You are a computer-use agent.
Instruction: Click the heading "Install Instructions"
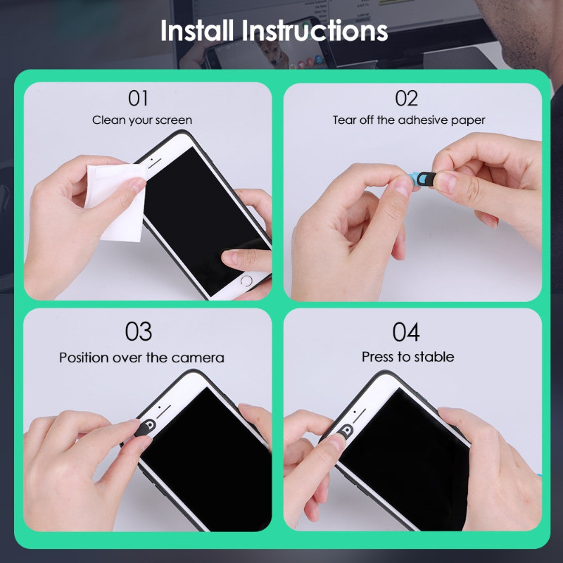pyautogui.click(x=274, y=30)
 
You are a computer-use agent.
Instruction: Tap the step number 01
pyautogui.click(x=138, y=98)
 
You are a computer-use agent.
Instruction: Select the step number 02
pyautogui.click(x=407, y=98)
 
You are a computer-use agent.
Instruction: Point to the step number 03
pyautogui.click(x=139, y=331)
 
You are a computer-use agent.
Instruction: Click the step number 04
pyautogui.click(x=406, y=331)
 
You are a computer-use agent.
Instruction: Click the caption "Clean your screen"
pyautogui.click(x=142, y=120)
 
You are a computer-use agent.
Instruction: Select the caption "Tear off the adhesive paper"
pyautogui.click(x=409, y=120)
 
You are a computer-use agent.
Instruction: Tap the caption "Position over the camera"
pyautogui.click(x=142, y=358)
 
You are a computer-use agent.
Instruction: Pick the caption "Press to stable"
pyautogui.click(x=408, y=357)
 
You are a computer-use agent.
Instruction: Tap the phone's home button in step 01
pyautogui.click(x=246, y=281)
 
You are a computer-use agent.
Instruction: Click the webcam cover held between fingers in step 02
pyautogui.click(x=423, y=179)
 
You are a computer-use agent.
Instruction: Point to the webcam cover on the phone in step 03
pyautogui.click(x=145, y=428)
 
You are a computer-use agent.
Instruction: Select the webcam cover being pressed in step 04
pyautogui.click(x=346, y=431)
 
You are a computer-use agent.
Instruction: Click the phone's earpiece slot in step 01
pyautogui.click(x=155, y=164)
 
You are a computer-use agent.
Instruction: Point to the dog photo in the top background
pyautogui.click(x=274, y=54)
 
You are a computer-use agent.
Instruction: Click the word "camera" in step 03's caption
pyautogui.click(x=198, y=358)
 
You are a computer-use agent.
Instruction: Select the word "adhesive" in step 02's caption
pyautogui.click(x=424, y=120)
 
